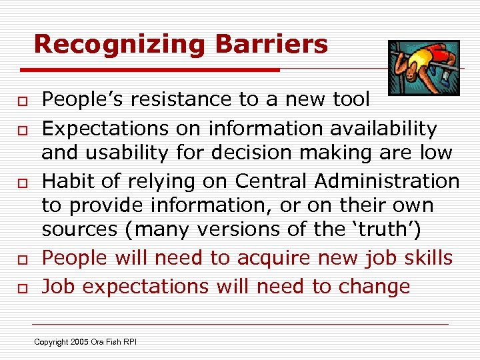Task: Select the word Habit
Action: [65, 181]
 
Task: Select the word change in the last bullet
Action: [374, 287]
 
